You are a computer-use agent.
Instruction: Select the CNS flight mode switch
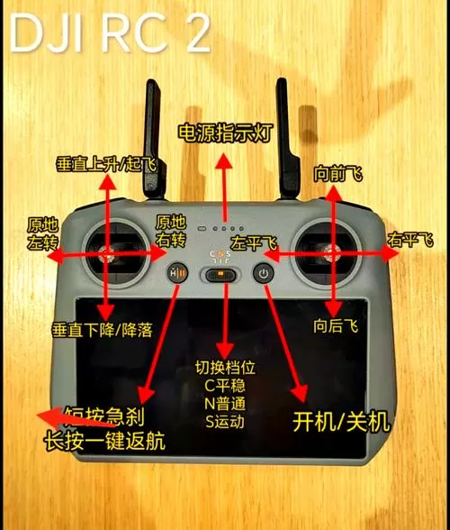[220, 273]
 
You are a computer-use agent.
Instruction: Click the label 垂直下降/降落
[102, 330]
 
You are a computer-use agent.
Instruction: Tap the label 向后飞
[336, 326]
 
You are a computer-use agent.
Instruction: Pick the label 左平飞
[254, 244]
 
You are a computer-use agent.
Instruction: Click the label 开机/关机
[342, 421]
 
